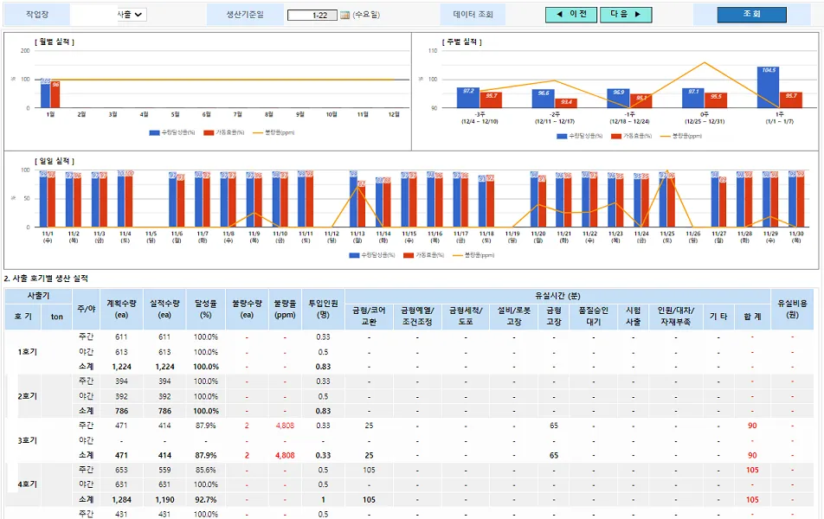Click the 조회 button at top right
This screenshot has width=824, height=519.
[751, 15]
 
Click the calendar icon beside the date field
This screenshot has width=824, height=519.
[344, 15]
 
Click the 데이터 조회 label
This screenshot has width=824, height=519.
[473, 15]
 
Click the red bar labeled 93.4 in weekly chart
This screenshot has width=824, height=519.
[566, 103]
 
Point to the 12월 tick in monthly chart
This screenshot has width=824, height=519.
[394, 114]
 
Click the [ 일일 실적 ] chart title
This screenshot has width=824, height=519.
[55, 161]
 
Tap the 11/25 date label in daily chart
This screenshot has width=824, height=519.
[666, 236]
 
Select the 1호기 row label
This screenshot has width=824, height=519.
[26, 352]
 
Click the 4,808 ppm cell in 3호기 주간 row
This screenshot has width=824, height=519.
[284, 426]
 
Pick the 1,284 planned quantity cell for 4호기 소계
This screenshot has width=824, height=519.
[121, 499]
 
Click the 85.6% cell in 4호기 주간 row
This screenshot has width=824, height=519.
[205, 470]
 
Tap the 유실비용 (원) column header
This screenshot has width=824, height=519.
[792, 309]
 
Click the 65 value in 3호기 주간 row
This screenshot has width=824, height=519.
[554, 426]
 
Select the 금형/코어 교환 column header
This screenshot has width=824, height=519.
[369, 316]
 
